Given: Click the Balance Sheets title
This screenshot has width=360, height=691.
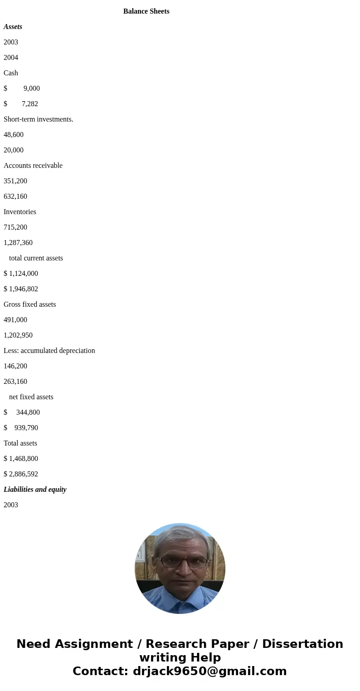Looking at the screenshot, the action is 146,11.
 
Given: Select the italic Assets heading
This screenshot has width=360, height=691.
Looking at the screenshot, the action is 13,27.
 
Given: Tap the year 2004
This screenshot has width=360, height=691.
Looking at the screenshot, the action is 11,58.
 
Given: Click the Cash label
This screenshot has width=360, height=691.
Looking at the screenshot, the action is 11,73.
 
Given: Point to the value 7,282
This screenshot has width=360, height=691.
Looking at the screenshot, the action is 29,104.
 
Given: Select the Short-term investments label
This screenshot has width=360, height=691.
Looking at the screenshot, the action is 38,119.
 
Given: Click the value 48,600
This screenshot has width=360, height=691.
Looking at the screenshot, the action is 14,135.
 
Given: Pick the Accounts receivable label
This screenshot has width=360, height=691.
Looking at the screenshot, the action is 33,166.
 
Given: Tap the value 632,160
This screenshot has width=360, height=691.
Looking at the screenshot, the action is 15,196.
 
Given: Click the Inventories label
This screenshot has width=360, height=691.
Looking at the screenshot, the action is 20,212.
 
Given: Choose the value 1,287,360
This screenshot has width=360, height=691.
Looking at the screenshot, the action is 18,243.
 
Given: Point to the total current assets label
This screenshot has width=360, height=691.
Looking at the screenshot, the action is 36,258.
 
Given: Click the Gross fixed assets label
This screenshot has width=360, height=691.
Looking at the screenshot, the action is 30,304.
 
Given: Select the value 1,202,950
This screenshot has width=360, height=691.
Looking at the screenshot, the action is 18,335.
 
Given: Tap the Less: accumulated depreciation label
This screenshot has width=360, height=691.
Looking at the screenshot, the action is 49,351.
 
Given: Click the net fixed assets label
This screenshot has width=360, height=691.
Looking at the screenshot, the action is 31,397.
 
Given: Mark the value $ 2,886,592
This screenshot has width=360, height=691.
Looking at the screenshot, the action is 21,474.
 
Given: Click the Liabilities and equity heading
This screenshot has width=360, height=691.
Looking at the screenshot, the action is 35,490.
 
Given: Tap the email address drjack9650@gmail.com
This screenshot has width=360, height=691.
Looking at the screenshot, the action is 209,671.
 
